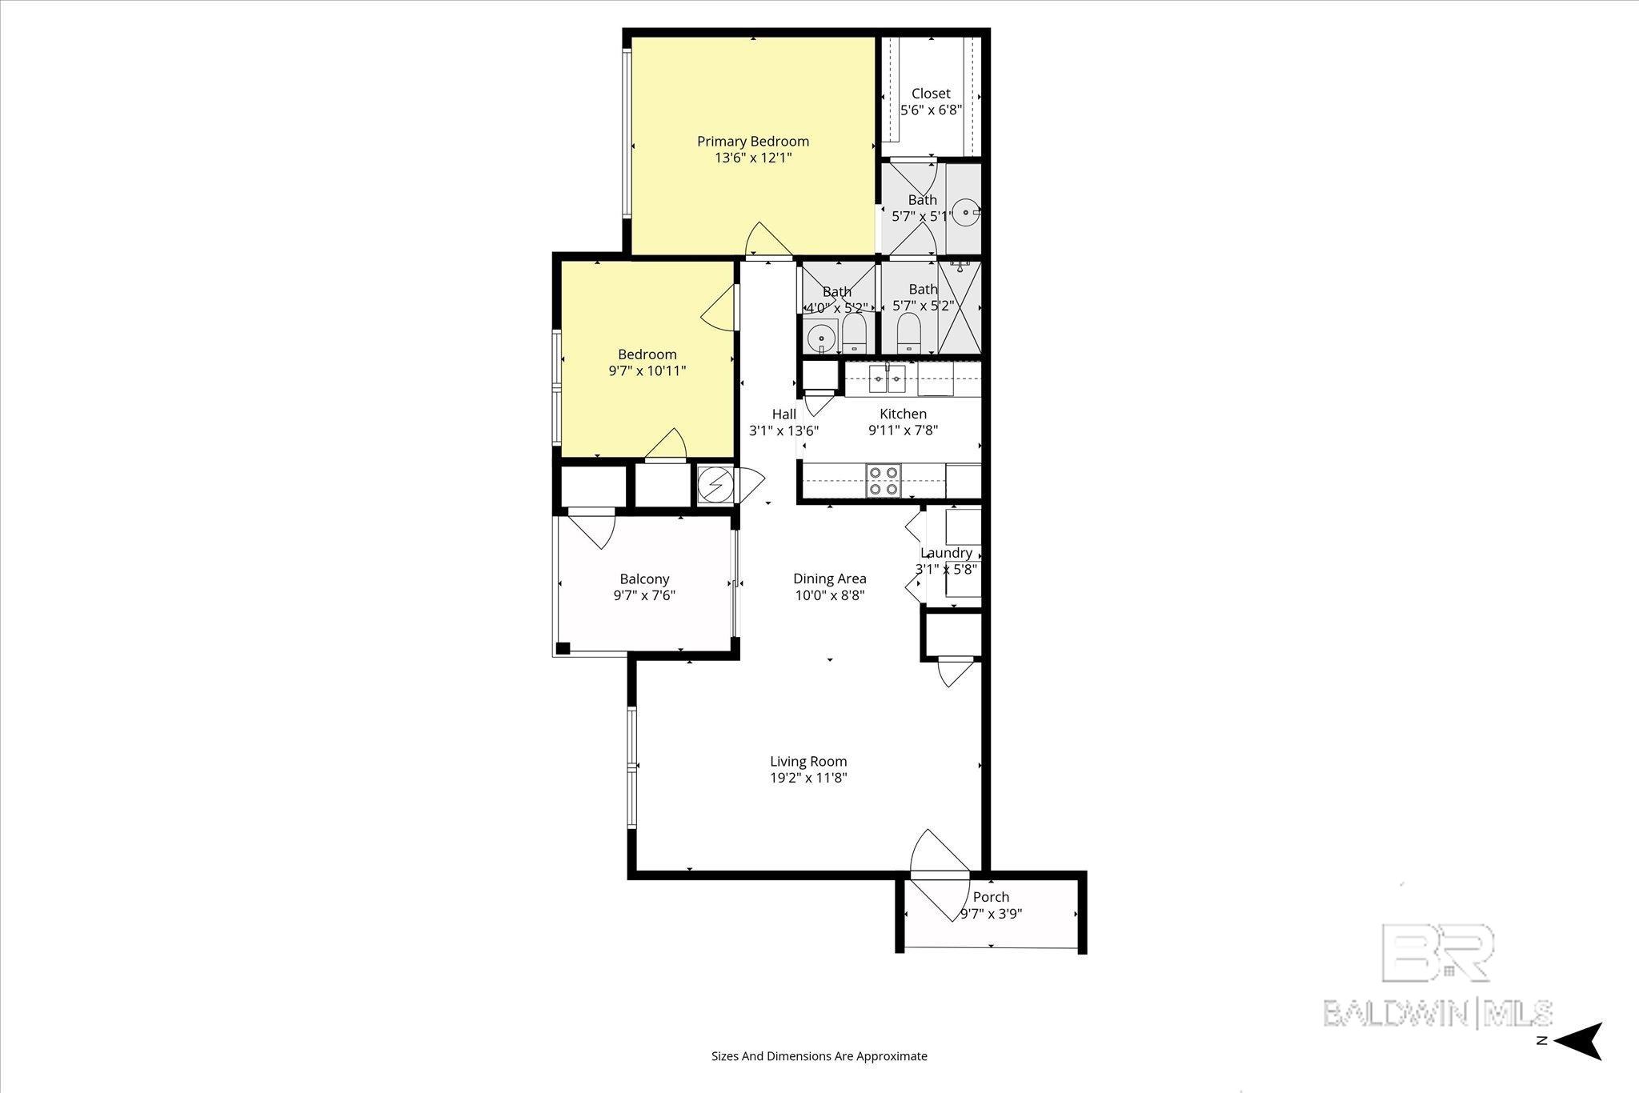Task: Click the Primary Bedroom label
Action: coord(753,142)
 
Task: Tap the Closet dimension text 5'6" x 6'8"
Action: coord(931,110)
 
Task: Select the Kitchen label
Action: coord(903,414)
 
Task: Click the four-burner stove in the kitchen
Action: coord(883,481)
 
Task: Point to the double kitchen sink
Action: coord(887,379)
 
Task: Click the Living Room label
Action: coord(808,762)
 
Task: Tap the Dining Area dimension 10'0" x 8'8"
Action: coord(830,595)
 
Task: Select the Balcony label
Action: coord(644,579)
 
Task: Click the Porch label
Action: coord(991,897)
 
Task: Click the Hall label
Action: coord(784,414)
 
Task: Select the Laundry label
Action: coord(946,553)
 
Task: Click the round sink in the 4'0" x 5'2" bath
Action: coord(820,338)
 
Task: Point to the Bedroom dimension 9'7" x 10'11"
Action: coord(647,371)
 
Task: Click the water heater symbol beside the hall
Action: coord(715,484)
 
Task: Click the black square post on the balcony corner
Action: coord(563,648)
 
